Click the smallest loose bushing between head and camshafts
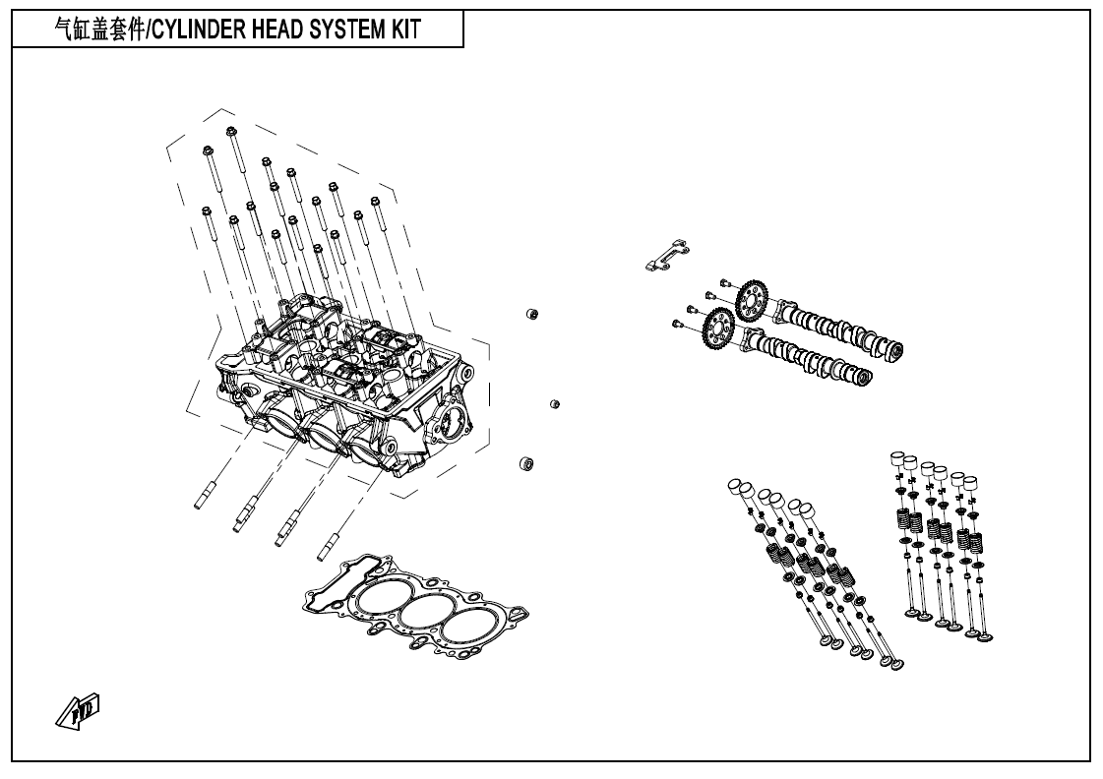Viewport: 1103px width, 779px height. (554, 403)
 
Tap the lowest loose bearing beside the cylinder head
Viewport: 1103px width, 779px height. (525, 462)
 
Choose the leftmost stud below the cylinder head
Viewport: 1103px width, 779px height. (203, 496)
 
